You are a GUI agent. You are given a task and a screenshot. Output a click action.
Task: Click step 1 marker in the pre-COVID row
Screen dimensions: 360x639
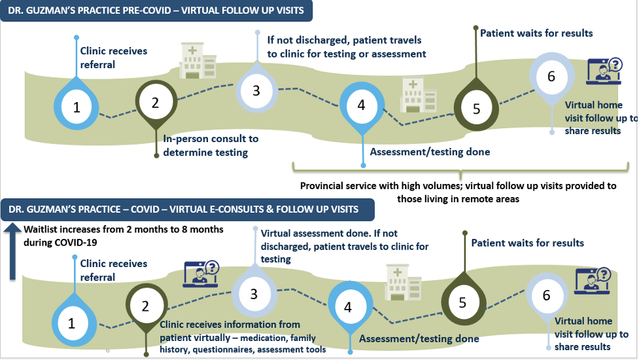77,107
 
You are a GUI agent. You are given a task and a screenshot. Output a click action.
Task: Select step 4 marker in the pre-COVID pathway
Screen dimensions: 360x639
362,105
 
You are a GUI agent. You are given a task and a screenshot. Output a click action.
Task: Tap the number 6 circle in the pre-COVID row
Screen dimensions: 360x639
551,77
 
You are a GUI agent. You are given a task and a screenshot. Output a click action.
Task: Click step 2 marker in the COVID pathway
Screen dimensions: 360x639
145,306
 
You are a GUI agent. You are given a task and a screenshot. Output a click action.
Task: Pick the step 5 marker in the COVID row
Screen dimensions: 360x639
462,302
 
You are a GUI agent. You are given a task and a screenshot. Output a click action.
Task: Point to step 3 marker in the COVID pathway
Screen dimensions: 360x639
254,294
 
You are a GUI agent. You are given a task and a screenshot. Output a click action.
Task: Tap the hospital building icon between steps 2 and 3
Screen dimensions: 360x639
198,62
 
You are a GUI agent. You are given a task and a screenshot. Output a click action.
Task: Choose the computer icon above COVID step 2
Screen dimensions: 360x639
201,274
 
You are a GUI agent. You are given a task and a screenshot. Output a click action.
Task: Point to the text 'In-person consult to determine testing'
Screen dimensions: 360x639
211,145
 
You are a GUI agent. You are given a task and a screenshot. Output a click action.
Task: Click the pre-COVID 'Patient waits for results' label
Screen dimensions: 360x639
536,33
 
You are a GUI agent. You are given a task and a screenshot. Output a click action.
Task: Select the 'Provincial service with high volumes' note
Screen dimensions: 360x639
458,192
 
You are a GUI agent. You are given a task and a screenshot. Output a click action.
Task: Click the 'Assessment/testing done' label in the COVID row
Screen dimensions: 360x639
419,338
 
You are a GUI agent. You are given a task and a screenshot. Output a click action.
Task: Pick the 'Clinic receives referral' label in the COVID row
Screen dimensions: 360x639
113,270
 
